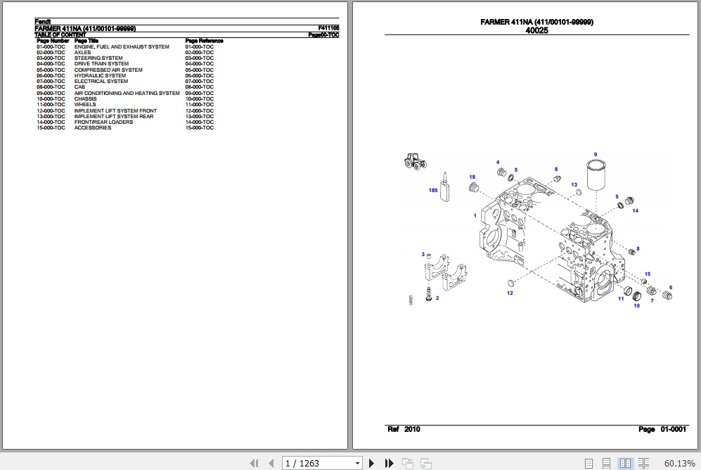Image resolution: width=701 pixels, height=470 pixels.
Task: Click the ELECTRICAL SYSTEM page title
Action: point(101,82)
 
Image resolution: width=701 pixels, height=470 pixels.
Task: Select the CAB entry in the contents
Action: point(79,87)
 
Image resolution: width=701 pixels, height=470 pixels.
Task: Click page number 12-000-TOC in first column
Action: point(51,110)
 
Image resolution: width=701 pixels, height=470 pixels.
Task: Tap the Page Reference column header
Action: point(204,41)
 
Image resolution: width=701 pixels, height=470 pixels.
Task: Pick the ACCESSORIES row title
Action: point(92,128)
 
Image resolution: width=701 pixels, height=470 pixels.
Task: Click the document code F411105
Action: point(328,29)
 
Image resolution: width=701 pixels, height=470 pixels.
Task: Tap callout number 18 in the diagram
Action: point(472,177)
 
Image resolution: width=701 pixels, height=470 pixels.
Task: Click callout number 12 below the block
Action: point(510,293)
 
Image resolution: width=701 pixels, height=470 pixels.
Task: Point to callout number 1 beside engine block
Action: point(475,216)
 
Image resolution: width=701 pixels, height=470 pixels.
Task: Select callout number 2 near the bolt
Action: point(437,298)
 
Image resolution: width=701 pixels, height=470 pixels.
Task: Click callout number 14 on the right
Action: point(635,210)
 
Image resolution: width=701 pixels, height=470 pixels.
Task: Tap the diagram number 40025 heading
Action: point(536,31)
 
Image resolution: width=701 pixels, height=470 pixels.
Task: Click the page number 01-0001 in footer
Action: point(673,429)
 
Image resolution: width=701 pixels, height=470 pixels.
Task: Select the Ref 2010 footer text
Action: point(404,429)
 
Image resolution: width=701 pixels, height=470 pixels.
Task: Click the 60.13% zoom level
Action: point(679,462)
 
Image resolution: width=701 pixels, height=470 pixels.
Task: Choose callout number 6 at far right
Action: point(670,287)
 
